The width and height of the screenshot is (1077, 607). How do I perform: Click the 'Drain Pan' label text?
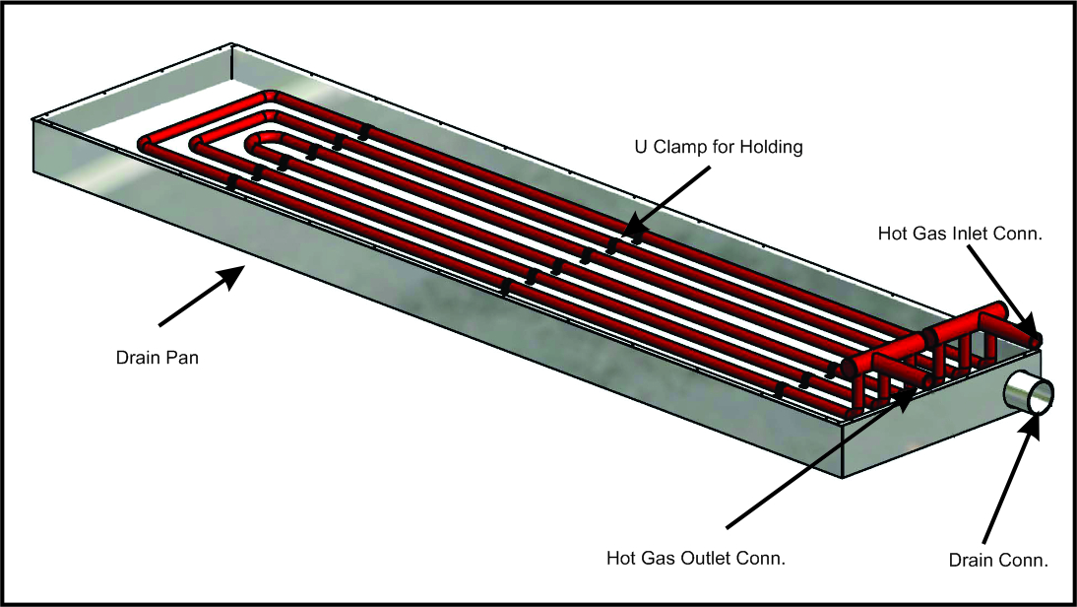158,358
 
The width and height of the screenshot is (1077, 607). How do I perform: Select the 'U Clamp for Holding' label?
719,148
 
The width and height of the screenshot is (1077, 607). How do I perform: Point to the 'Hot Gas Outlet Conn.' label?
695,558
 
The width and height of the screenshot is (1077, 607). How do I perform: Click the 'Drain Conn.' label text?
997,561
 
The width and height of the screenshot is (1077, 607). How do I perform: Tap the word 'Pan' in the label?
183,358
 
